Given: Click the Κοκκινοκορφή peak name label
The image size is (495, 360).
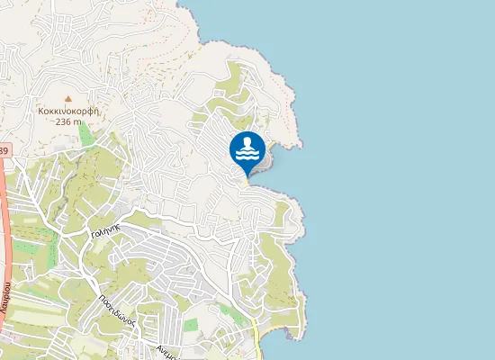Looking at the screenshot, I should pyautogui.click(x=68, y=111).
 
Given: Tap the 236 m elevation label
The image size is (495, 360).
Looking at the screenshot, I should pyautogui.click(x=68, y=122).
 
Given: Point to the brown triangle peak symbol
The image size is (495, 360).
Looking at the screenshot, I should pyautogui.click(x=67, y=98).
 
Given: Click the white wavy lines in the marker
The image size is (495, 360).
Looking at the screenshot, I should pyautogui.click(x=247, y=155).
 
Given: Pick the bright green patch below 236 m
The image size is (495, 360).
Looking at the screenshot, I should pyautogui.click(x=85, y=135).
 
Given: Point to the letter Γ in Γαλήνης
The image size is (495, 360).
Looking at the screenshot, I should pyautogui.click(x=94, y=233).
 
